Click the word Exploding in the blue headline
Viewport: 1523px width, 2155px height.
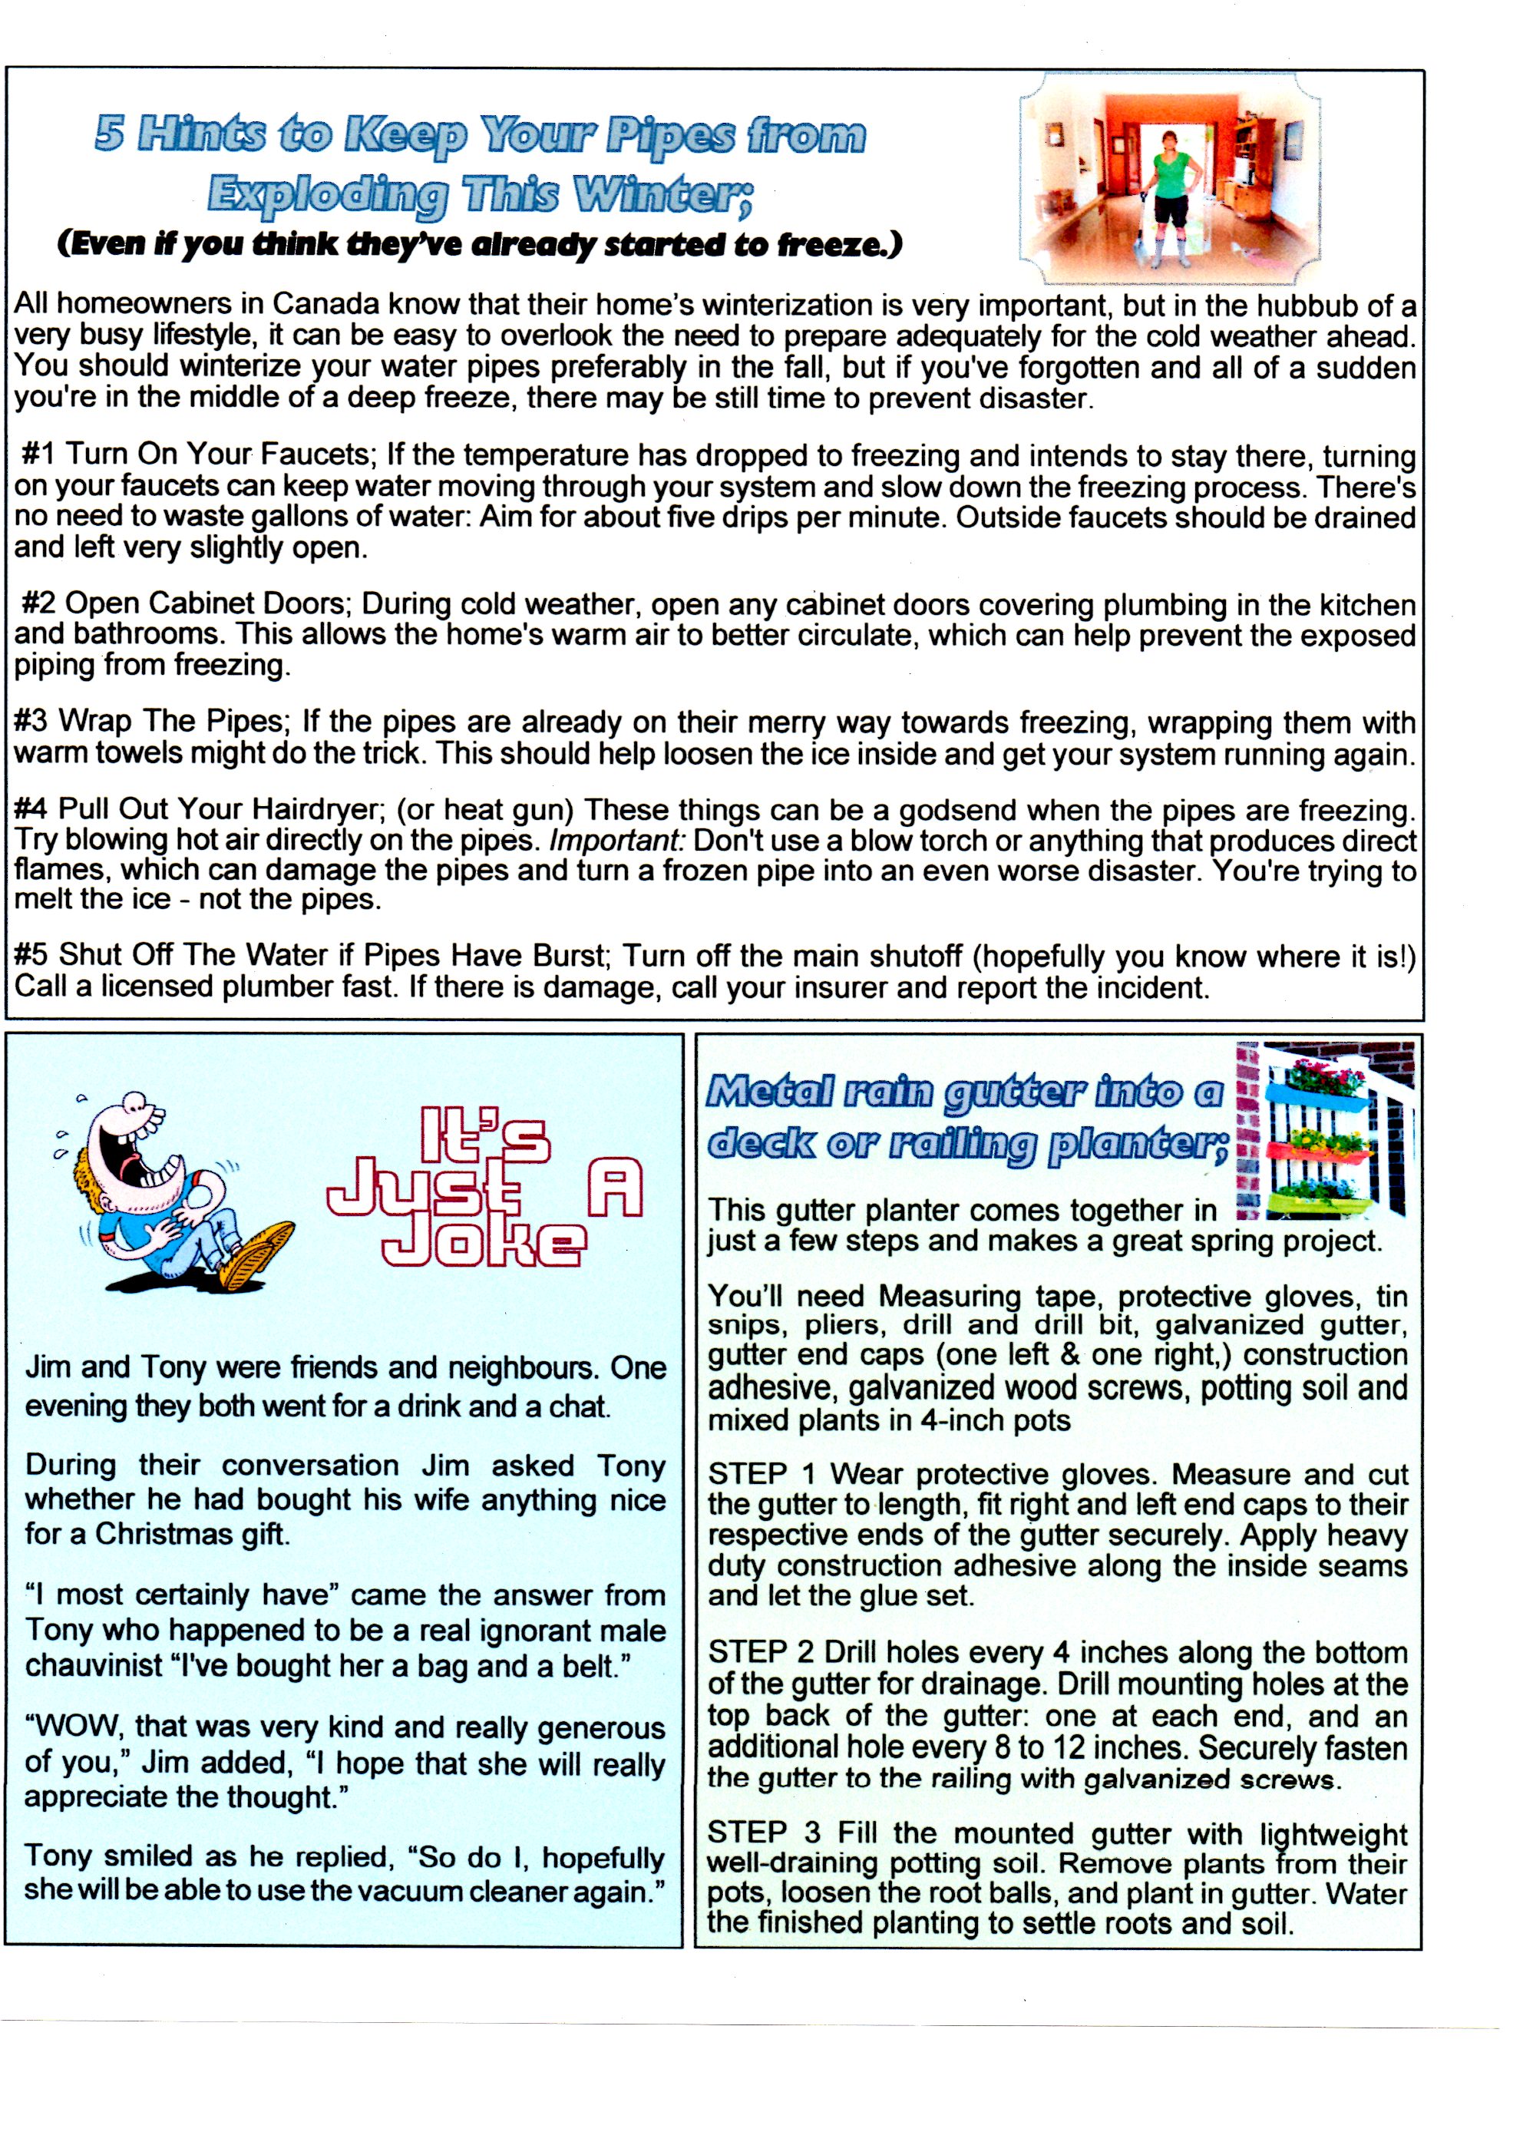point(329,194)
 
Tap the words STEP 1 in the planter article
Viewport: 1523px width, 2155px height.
point(761,1475)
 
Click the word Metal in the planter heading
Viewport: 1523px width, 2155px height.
point(768,1092)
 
